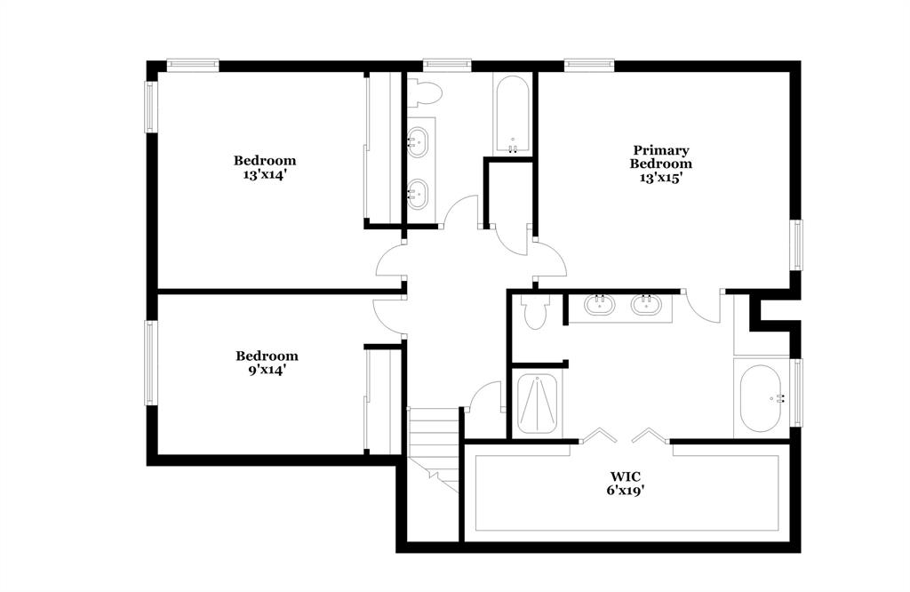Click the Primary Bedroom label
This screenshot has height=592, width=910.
point(660,157)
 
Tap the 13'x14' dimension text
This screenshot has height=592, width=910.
point(265,175)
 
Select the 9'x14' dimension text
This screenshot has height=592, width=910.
point(267,370)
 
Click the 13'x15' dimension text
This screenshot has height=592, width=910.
point(660,177)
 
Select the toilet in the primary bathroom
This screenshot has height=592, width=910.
point(535,312)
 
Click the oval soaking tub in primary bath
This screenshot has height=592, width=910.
point(761,398)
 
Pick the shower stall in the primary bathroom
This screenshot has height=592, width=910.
point(538,404)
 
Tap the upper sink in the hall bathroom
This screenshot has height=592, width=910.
point(419,140)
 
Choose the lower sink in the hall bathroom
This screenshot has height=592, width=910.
point(419,190)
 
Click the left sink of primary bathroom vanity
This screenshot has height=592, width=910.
point(600,306)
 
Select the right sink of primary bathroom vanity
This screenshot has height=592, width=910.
point(647,306)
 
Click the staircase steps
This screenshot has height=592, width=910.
point(432,436)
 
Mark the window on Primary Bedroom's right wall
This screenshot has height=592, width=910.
point(797,244)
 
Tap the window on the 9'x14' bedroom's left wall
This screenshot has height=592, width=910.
point(151,362)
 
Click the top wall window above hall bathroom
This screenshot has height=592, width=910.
point(446,65)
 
